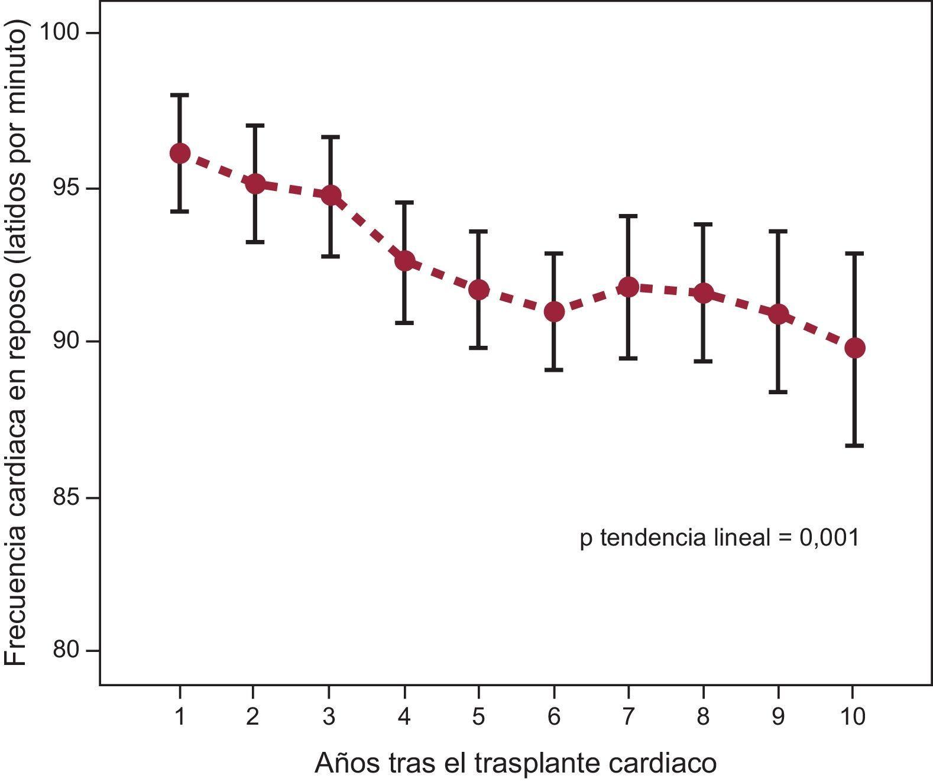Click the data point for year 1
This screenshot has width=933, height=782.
point(180,153)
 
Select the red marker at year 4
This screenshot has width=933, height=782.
point(404,261)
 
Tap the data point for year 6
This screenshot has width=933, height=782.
point(554,311)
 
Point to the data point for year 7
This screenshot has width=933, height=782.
point(629,287)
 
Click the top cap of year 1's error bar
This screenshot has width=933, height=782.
point(180,95)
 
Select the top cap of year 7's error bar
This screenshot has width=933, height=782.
point(629,216)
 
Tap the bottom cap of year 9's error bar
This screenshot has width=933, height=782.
point(778,392)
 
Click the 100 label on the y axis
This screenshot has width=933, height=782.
point(60,32)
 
